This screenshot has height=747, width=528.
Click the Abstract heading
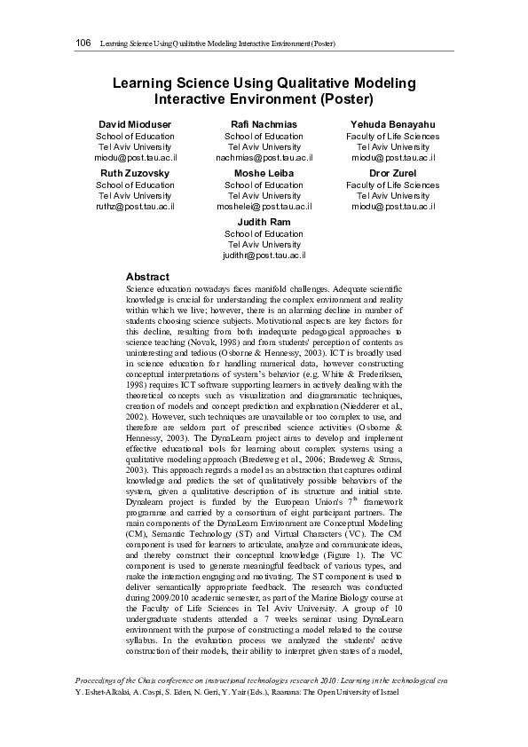[x=147, y=277]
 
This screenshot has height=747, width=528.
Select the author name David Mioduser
[x=136, y=123]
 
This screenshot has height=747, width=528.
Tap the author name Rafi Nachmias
[x=264, y=123]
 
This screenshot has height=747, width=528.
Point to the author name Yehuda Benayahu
[x=392, y=123]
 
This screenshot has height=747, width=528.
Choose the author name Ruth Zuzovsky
[x=136, y=172]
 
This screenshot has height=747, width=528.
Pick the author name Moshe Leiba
[x=264, y=172]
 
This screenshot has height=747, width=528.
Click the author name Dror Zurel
[x=392, y=172]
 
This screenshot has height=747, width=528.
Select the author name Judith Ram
[x=264, y=221]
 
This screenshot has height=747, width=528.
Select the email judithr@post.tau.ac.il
[x=264, y=255]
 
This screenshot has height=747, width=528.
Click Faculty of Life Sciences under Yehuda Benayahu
[x=392, y=136]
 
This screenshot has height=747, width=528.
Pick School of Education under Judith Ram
[x=264, y=233]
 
